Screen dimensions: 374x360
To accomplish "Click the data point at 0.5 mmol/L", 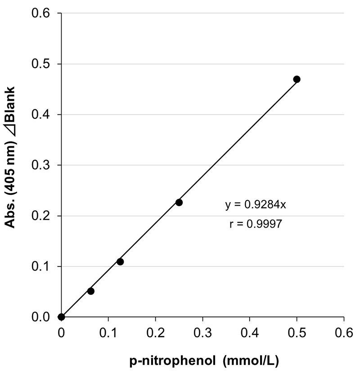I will tap(297, 79).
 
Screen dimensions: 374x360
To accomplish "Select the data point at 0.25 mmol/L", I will tap(179, 203).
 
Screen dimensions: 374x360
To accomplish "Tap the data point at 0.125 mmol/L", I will tap(120, 261).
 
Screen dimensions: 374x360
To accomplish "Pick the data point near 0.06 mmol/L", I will tap(90, 291).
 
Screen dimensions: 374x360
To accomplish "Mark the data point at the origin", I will tap(62, 317).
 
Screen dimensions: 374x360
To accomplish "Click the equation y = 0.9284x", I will tap(256, 205).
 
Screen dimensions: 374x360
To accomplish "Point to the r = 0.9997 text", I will tap(256, 225).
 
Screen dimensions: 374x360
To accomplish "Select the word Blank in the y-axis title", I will tap(12, 102).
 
